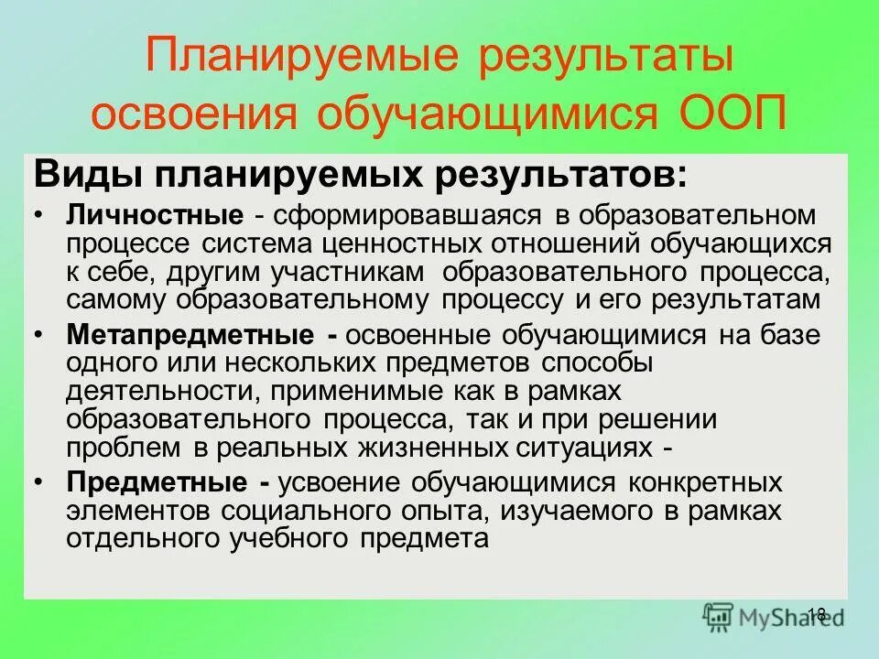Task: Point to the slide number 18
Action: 818,614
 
